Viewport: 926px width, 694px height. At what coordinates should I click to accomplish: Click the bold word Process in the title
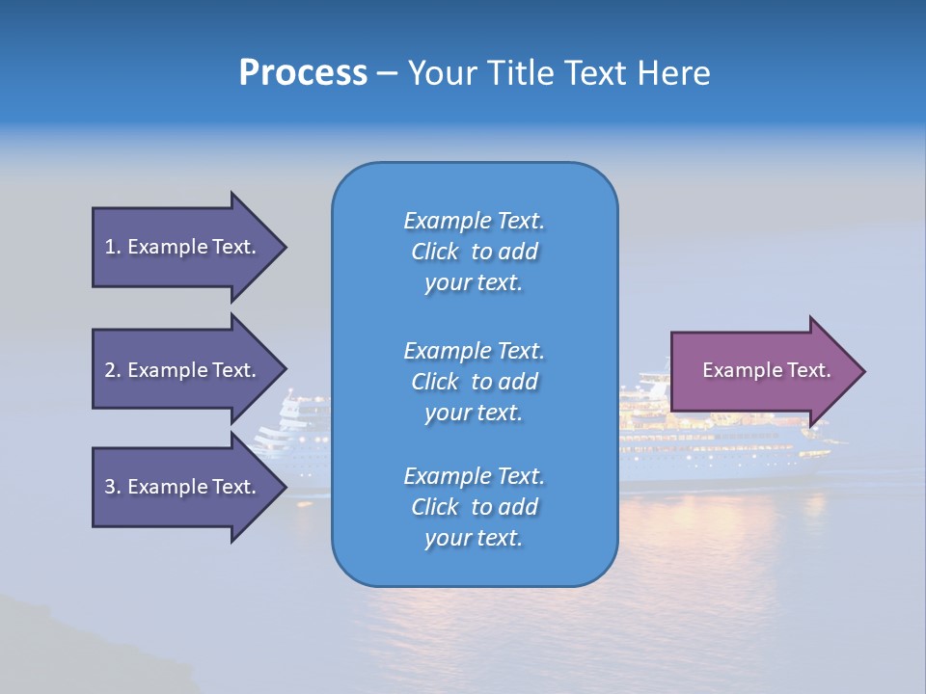click(x=303, y=73)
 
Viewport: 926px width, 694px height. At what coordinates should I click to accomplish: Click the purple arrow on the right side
click(x=762, y=371)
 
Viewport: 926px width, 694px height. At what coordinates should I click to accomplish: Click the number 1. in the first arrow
click(x=112, y=247)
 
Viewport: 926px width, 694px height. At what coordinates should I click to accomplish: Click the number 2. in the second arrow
click(x=112, y=370)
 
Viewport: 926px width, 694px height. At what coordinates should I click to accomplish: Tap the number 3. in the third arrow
click(x=112, y=487)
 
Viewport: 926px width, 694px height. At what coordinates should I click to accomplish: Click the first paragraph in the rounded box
click(x=475, y=252)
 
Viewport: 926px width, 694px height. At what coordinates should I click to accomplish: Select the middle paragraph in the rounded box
click(x=475, y=382)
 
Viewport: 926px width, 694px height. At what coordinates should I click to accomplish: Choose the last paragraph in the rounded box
click(x=475, y=507)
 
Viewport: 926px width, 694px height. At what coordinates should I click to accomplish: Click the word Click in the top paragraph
click(x=435, y=252)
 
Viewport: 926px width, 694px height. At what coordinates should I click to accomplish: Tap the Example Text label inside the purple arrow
click(x=767, y=370)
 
